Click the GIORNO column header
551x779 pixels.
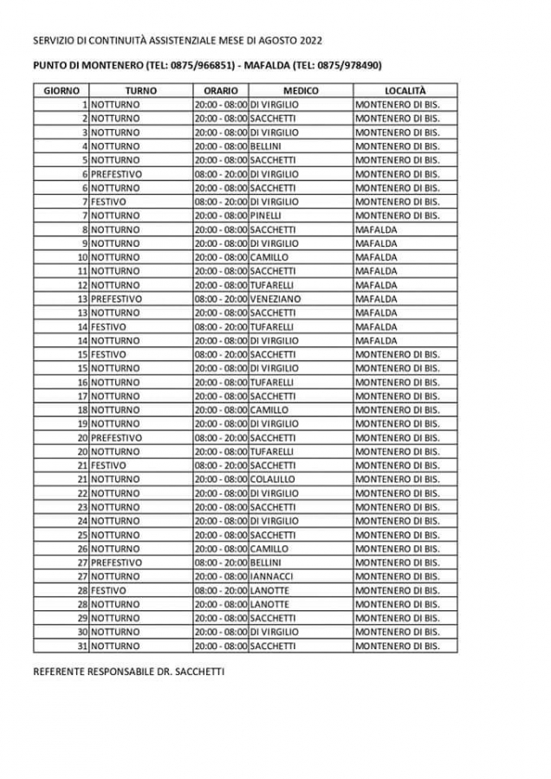click(62, 90)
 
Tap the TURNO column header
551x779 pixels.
click(140, 90)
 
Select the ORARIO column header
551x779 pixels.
click(220, 90)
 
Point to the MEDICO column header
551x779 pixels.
click(300, 90)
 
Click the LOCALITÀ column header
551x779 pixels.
click(405, 90)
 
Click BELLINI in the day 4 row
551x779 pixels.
click(266, 145)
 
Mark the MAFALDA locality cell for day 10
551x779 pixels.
click(375, 257)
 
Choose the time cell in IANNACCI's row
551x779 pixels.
click(220, 576)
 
